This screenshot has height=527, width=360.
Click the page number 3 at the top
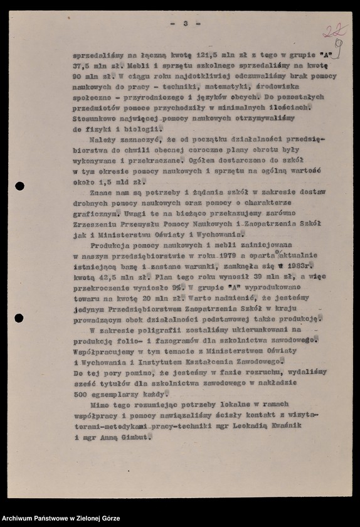tap(185, 23)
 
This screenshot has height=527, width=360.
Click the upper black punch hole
tap(19, 186)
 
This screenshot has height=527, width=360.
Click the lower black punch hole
tap(19, 318)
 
